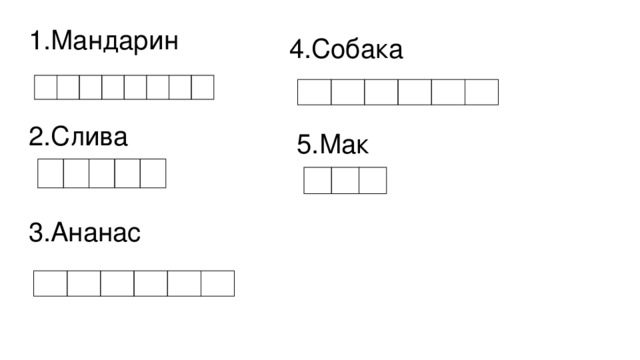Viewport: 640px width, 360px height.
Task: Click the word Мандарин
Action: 115,42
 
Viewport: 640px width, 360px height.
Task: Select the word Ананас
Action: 96,233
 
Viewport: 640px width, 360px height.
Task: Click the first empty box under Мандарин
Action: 45,87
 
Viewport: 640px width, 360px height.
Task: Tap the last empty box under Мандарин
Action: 203,87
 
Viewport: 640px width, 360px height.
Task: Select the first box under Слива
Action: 50,174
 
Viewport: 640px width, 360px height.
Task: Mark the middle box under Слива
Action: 101,174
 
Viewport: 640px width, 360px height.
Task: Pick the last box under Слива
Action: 152,174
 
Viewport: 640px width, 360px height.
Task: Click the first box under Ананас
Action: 50,284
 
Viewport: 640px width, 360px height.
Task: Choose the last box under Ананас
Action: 217,284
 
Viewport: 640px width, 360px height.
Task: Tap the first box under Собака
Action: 314,93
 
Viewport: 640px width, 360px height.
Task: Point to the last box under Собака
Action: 481,93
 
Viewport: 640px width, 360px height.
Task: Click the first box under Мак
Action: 317,181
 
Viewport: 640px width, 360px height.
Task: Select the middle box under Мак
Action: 345,181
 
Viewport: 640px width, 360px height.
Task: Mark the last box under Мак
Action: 372,181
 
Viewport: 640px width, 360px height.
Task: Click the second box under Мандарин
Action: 68,87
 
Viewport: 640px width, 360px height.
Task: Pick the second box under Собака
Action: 347,93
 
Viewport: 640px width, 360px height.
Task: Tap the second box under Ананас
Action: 84,284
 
